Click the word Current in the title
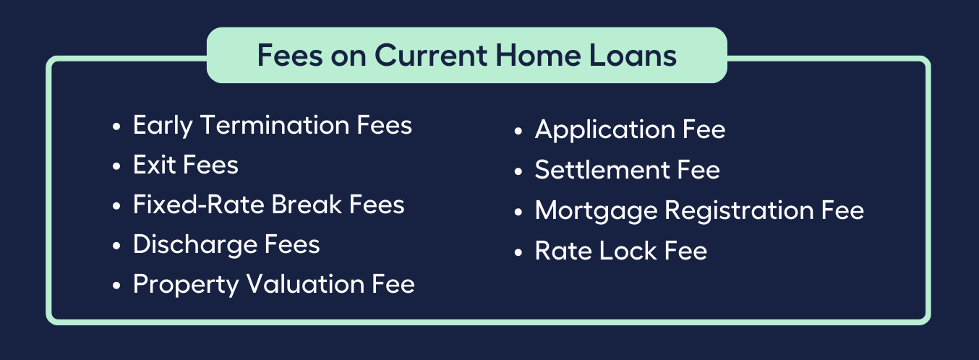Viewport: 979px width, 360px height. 424,56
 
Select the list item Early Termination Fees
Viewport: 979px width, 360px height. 272,125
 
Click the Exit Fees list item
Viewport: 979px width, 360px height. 185,165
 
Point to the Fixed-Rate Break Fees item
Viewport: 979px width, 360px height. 268,205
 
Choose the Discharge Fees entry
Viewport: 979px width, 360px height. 226,244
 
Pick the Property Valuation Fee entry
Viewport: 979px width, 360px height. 273,284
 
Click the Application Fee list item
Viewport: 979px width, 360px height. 630,130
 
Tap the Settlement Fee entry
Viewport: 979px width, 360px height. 627,170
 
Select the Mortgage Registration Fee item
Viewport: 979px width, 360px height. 699,210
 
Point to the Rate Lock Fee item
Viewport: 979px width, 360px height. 620,251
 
